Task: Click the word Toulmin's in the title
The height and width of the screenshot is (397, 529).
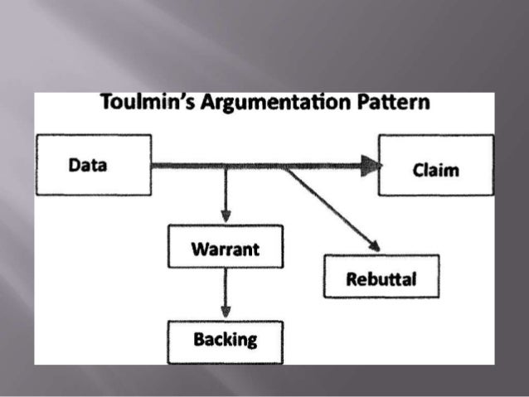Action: click(140, 104)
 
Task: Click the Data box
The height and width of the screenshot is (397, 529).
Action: click(93, 165)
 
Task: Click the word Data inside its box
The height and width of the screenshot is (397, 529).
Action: click(88, 165)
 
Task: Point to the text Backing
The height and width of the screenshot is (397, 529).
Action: click(225, 339)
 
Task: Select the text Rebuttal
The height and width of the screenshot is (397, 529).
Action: click(381, 278)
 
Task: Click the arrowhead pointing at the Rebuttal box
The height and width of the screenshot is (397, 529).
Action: click(374, 245)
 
